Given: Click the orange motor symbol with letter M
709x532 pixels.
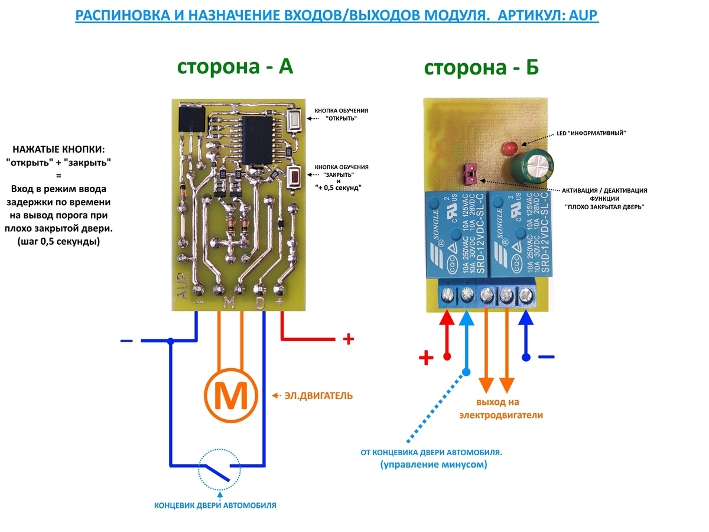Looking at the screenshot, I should pyautogui.click(x=231, y=395).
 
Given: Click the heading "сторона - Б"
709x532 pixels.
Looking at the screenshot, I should pyautogui.click(x=481, y=69).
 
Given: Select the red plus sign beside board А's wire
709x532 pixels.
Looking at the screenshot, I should pyautogui.click(x=349, y=339).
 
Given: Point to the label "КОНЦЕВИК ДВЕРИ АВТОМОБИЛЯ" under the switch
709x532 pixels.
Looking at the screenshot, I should pyautogui.click(x=215, y=506).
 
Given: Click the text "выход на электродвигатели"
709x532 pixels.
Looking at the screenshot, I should pyautogui.click(x=501, y=409).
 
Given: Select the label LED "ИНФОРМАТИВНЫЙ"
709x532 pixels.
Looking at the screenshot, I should pyautogui.click(x=591, y=134).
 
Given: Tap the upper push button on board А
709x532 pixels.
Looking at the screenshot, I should pyautogui.click(x=294, y=120).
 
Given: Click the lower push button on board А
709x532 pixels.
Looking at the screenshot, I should pyautogui.click(x=294, y=175).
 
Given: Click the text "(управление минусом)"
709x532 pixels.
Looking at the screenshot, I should pyautogui.click(x=434, y=465).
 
